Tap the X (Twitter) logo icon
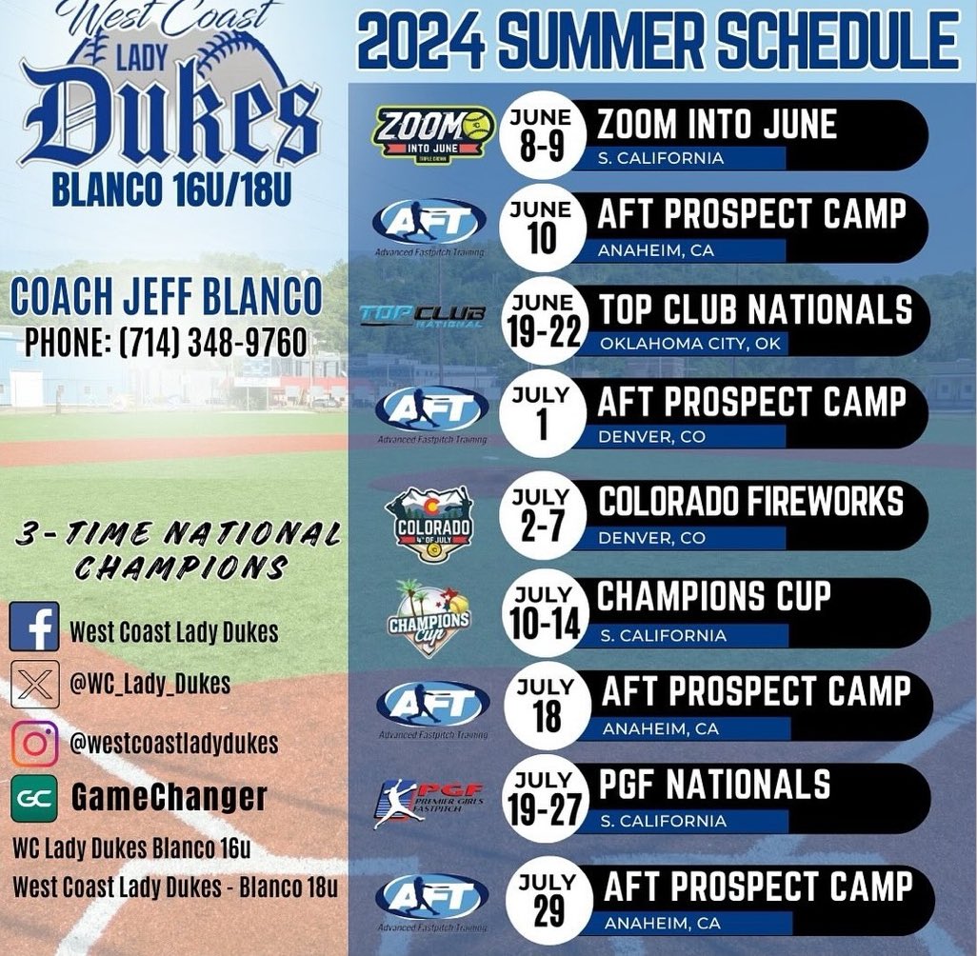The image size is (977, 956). point(34,684)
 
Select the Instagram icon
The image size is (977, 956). point(34,742)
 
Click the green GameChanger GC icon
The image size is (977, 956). point(34,797)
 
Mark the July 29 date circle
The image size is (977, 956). point(548,900)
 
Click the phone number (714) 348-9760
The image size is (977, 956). point(167,342)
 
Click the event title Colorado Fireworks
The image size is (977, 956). point(750,502)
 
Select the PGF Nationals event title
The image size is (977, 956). point(714,786)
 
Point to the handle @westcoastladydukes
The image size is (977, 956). point(174,743)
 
